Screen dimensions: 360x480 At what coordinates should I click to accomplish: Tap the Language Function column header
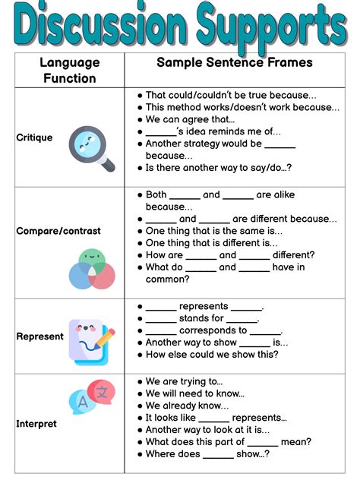69,69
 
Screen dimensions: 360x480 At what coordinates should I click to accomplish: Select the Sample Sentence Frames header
234,62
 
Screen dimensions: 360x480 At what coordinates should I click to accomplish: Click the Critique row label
34,137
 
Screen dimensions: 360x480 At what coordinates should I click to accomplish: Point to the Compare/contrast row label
58,230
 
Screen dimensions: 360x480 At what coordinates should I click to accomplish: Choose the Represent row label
39,336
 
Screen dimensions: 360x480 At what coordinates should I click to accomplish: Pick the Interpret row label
36,424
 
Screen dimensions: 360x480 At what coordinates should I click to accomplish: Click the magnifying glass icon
90,148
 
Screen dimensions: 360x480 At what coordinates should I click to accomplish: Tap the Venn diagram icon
91,269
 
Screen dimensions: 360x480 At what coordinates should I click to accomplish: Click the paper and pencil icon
91,341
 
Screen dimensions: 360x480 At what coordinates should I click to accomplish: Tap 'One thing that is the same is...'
213,231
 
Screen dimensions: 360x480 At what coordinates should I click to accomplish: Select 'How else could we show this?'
211,355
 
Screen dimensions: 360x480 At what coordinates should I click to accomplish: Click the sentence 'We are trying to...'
184,381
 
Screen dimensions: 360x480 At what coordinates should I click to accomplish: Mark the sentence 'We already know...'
186,406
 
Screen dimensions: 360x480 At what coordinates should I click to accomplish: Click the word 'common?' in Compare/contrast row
168,279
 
